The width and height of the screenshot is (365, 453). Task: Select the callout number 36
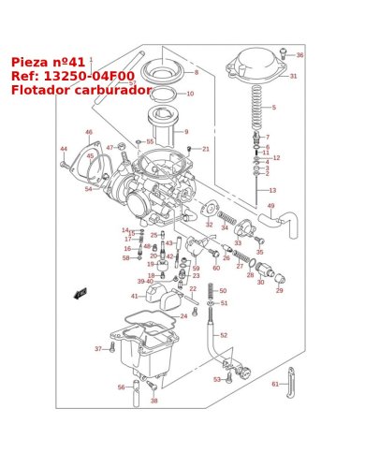click(x=299, y=55)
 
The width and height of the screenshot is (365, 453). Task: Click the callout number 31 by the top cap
click(x=293, y=76)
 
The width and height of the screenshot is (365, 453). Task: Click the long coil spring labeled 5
click(x=257, y=107)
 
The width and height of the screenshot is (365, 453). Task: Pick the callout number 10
click(x=190, y=94)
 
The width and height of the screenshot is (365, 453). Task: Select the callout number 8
click(x=196, y=72)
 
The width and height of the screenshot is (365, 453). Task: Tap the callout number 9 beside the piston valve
click(x=185, y=132)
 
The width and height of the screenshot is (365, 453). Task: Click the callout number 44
click(x=64, y=149)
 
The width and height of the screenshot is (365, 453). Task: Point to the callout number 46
click(x=89, y=132)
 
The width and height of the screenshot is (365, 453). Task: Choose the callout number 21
click(x=205, y=149)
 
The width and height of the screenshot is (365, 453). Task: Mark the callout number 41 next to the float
click(x=134, y=296)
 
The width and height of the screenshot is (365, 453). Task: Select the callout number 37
click(x=97, y=349)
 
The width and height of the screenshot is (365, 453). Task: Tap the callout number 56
click(x=121, y=387)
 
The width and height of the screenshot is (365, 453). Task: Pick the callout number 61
click(x=275, y=384)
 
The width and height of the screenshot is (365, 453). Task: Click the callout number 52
click(x=223, y=334)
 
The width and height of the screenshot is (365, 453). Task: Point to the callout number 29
click(x=279, y=290)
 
